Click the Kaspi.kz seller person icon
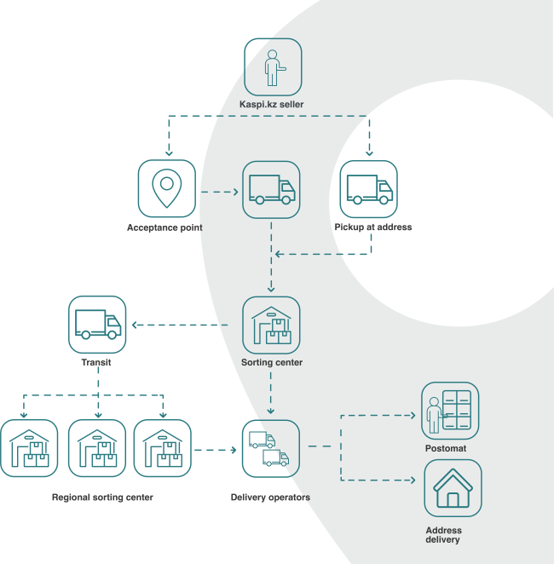click(273, 66)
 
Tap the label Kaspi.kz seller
click(272, 105)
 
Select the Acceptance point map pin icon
click(167, 188)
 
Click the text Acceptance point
click(164, 227)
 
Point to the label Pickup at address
click(373, 227)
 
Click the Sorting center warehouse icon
click(271, 325)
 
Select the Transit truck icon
click(97, 324)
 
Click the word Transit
click(96, 362)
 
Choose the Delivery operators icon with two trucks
click(270, 448)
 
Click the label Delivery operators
click(270, 498)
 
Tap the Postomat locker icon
click(450, 411)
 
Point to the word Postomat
click(446, 448)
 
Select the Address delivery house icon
click(453, 488)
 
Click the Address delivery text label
click(442, 535)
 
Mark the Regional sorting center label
click(102, 498)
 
